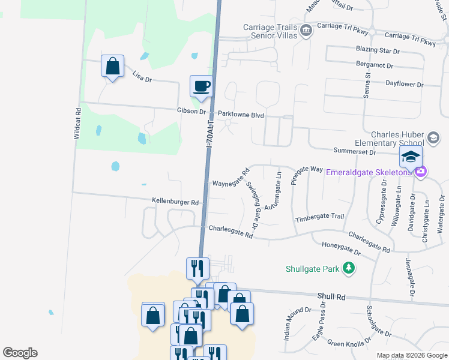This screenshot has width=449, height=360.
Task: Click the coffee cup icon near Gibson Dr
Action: click(202, 85)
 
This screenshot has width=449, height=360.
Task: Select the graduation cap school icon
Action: click(411, 158)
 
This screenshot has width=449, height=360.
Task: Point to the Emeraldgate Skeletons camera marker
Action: click(420, 172)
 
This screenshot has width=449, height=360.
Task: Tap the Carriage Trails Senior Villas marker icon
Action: click(306, 31)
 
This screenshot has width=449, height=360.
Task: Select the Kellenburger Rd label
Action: click(175, 203)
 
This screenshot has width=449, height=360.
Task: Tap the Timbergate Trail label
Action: click(319, 217)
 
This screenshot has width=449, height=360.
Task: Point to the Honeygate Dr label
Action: click(340, 248)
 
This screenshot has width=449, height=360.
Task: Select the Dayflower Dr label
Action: click(404, 85)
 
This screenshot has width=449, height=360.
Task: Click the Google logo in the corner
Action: click(20, 353)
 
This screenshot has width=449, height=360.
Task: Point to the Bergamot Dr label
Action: click(374, 65)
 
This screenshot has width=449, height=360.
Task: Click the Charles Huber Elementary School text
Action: click(398, 139)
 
